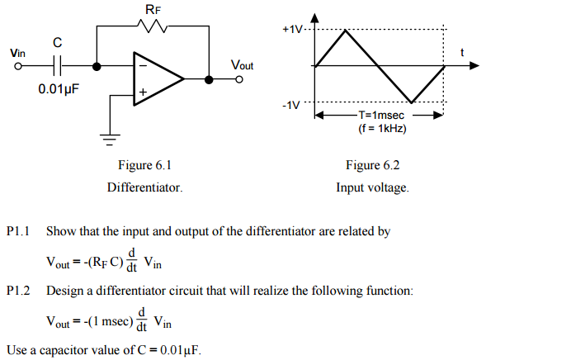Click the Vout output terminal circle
point(239,80)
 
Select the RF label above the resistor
point(153,9)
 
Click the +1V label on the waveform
point(293,29)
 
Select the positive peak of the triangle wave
point(347,30)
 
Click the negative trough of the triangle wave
point(413,103)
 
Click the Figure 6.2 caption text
point(373,165)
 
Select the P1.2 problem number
point(17,291)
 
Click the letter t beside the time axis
point(462,53)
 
